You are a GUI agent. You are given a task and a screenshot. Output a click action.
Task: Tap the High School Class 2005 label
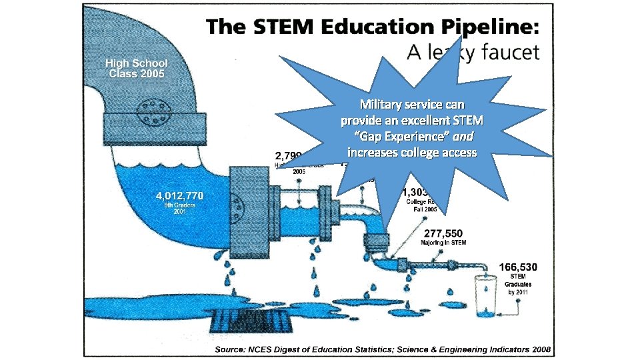(137, 68)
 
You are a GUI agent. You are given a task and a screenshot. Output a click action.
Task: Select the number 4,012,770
(179, 196)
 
